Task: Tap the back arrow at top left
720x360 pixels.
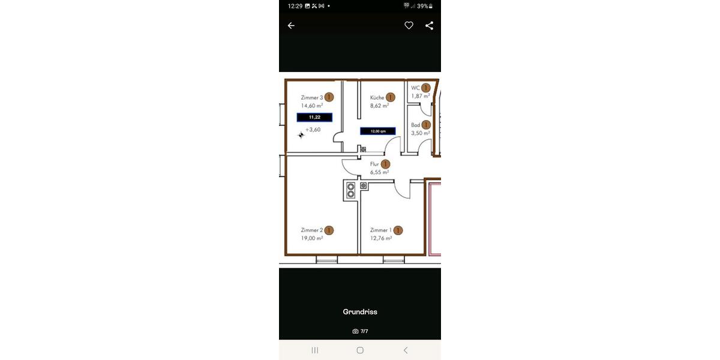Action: click(x=291, y=26)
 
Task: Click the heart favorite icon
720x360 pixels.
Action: click(x=409, y=26)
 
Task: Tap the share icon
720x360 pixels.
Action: click(x=429, y=26)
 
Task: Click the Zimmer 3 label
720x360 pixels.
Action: click(x=312, y=97)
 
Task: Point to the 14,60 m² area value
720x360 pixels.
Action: click(x=312, y=106)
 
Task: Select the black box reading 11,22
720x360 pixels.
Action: click(x=314, y=117)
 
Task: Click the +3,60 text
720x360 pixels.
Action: click(x=313, y=130)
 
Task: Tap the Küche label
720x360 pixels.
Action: click(x=377, y=97)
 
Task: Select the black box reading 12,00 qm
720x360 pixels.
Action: click(x=377, y=131)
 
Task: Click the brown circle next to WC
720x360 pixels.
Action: click(x=426, y=88)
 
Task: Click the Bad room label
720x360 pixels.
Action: click(x=415, y=125)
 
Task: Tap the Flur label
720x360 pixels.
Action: click(x=374, y=164)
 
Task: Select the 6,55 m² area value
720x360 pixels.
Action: click(x=379, y=172)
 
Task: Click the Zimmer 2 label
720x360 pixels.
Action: click(x=312, y=230)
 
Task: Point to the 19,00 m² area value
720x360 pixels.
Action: click(x=312, y=238)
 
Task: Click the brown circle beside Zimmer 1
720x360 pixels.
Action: click(x=398, y=230)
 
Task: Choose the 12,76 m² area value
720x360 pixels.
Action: click(x=381, y=238)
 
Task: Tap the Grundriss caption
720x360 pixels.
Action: click(x=360, y=312)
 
